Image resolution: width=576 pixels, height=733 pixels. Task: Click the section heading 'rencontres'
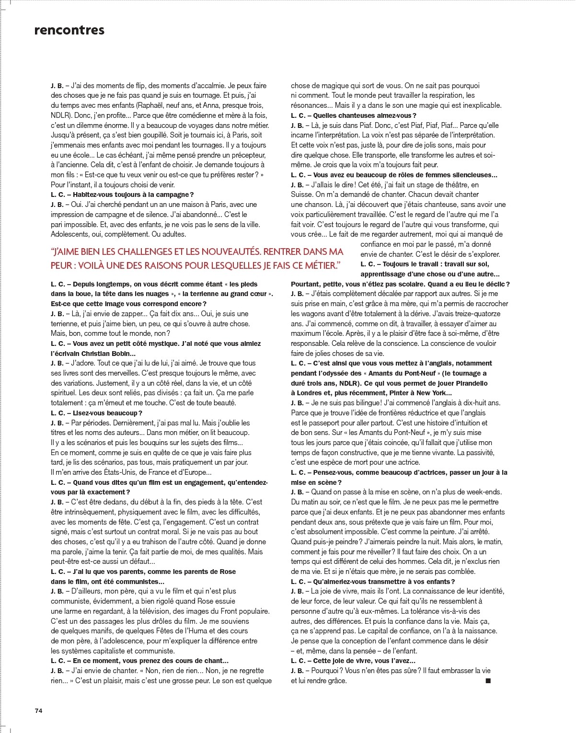pyautogui.click(x=69, y=30)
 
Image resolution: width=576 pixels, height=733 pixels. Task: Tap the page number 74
pyautogui.click(x=39, y=710)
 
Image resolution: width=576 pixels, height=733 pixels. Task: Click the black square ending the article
pyautogui.click(x=488, y=680)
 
